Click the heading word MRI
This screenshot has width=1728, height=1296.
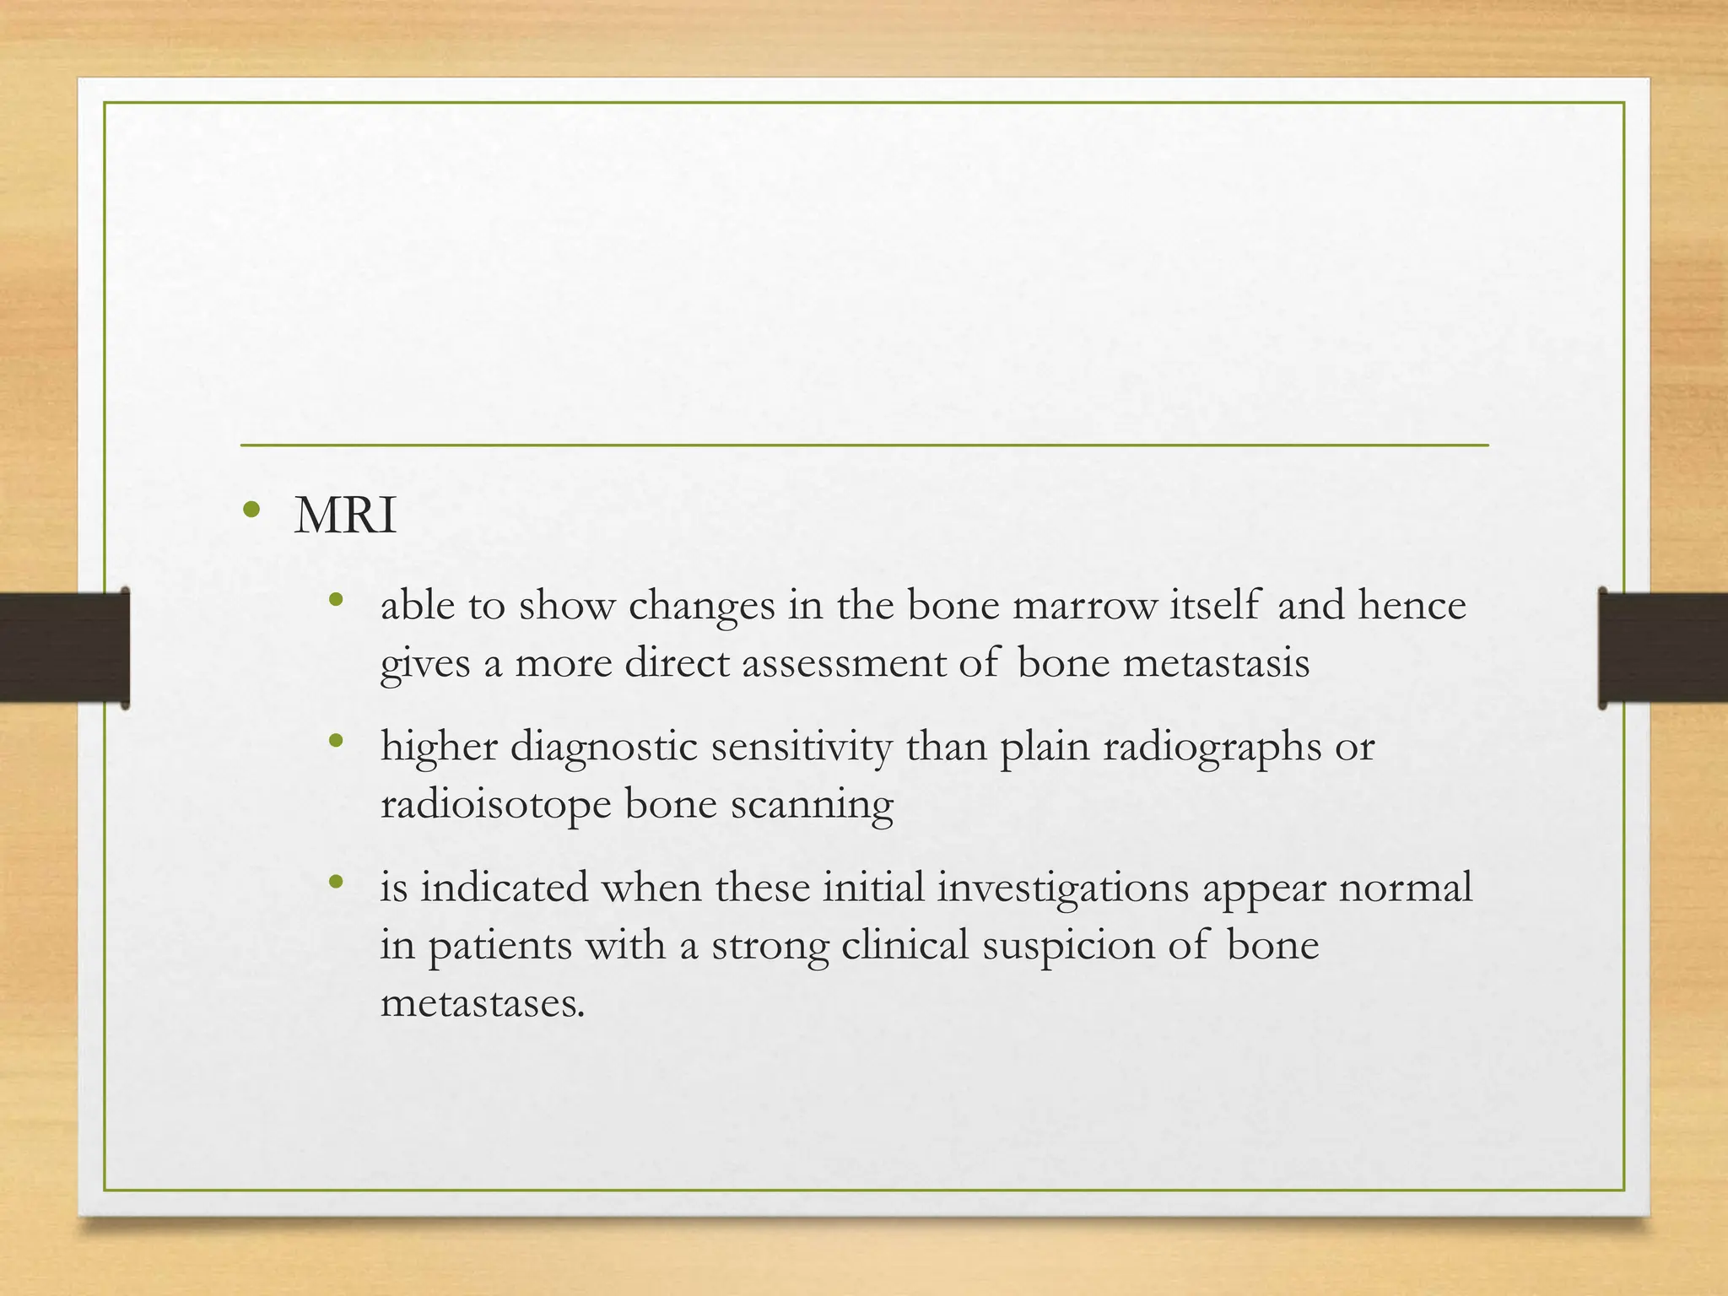[x=345, y=516]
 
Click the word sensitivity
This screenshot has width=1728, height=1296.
[x=801, y=747]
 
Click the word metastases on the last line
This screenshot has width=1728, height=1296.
[x=482, y=1003]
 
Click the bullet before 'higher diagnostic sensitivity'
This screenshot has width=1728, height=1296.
[x=337, y=742]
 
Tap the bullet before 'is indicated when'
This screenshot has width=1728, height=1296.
[x=337, y=883]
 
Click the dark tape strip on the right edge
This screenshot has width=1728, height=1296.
[x=1662, y=647]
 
